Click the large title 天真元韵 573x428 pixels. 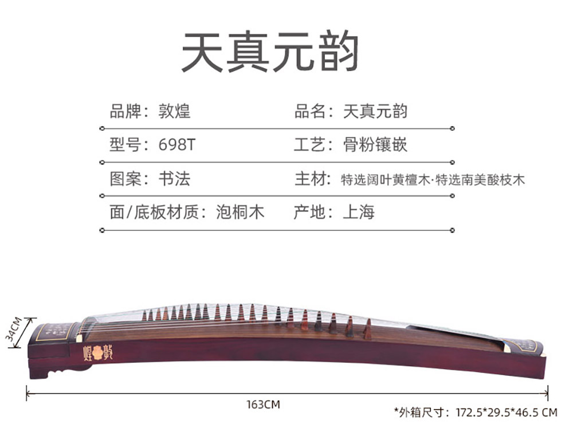pos(270,52)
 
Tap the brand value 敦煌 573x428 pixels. pos(174,111)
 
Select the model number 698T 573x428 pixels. pos(176,144)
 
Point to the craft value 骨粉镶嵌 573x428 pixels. pos(375,144)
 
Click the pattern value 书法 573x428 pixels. pos(174,179)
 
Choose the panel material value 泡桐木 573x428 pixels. pos(240,213)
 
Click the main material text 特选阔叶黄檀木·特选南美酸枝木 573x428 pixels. pos(433,179)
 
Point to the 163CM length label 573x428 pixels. pos(263,405)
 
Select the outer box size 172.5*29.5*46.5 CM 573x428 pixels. pos(506,411)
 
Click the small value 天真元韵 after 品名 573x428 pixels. pos(375,111)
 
